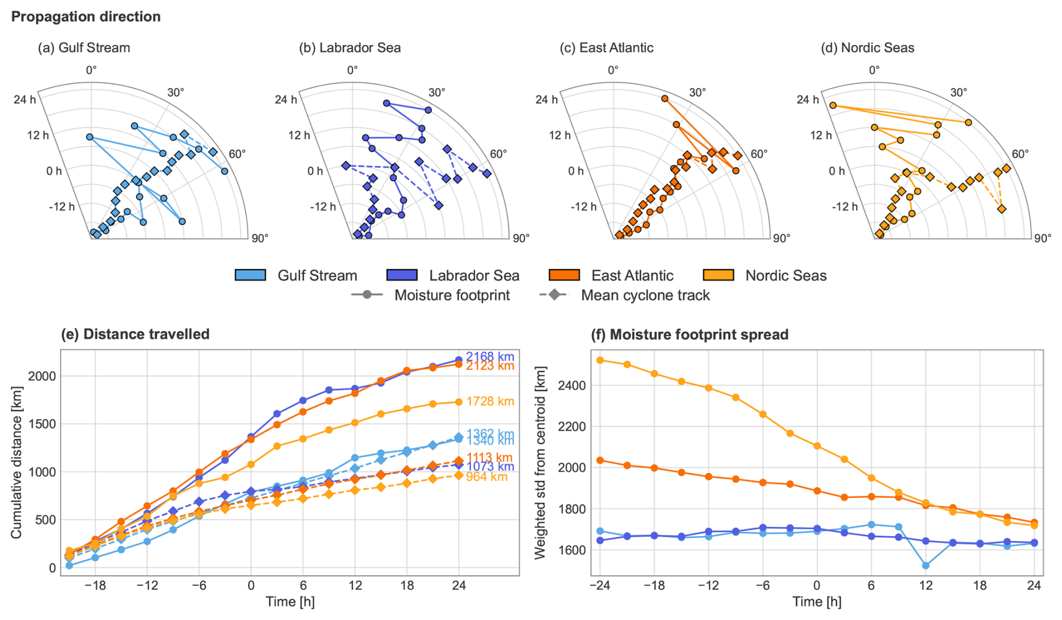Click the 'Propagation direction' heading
86,17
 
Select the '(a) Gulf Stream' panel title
84,48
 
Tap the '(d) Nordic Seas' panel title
867,48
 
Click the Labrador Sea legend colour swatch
402,275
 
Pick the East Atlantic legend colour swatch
564,275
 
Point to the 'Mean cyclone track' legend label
645,295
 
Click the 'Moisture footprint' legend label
452,295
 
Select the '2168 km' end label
490,357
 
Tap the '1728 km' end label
490,402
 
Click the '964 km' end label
487,477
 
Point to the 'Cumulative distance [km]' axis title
16,462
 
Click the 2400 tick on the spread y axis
572,385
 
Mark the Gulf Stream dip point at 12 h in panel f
926,566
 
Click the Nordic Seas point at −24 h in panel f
600,360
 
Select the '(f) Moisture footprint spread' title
689,334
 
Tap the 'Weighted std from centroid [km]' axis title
541,462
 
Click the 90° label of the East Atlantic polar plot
781,238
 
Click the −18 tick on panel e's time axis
95,586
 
